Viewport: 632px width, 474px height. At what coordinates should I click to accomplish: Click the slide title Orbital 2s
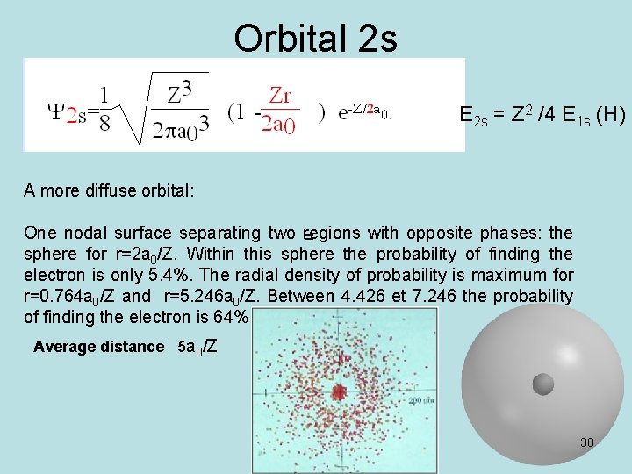pyautogui.click(x=315, y=38)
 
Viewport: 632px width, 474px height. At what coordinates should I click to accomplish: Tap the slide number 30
pyautogui.click(x=587, y=442)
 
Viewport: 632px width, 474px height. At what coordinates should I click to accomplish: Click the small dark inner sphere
pyautogui.click(x=543, y=384)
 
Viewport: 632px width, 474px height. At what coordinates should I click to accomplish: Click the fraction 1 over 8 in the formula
pyautogui.click(x=104, y=108)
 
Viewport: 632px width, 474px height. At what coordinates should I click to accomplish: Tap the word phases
pyautogui.click(x=507, y=233)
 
